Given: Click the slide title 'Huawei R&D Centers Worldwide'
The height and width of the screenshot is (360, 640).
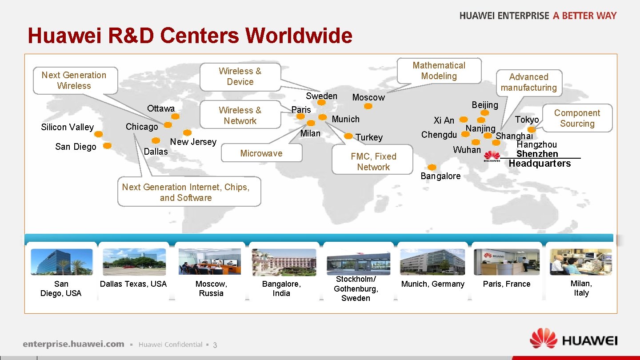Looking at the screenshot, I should pos(190,36).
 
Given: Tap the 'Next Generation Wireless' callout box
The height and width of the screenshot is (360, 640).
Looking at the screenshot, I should pos(74,80).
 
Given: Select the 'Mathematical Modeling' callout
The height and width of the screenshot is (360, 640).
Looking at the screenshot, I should pos(439,71).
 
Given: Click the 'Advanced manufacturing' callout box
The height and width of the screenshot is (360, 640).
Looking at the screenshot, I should pos(528,82).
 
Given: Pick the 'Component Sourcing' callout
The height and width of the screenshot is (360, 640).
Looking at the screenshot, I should pos(577,118).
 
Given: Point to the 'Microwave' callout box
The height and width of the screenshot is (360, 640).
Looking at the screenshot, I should pos(261,153).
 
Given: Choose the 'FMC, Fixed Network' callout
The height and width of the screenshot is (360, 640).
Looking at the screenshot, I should pos(373,161).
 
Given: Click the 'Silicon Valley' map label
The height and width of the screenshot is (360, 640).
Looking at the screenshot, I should pos(68,127).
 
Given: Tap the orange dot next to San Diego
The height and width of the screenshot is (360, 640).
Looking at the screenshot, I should pos(107,145).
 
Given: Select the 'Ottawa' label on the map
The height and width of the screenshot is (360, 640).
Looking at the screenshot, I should pos(161,108).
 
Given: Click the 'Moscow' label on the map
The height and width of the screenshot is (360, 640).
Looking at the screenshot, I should pos(368,97).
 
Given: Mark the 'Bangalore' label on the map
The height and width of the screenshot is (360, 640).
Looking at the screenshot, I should pos(440,176).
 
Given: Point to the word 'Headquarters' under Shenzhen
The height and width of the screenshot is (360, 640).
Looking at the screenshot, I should pos(540,164).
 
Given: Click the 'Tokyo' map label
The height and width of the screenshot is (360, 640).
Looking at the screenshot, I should pos(527,119).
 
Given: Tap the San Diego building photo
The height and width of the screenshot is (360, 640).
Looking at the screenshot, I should pos(62,262).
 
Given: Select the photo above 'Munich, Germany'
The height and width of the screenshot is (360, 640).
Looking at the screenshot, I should pos(432,262).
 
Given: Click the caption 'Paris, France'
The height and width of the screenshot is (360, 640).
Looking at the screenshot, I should pos(507,284).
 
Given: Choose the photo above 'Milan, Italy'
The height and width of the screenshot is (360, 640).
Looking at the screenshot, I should pos(581,262).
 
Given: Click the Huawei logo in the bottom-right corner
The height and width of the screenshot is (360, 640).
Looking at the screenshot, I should pos(573,340).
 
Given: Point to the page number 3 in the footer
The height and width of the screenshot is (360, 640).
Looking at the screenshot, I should pos(215,345).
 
